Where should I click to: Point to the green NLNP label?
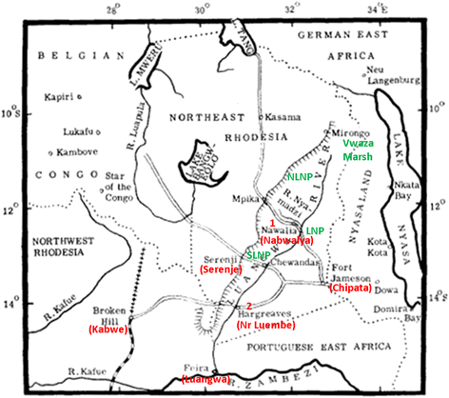[x=301, y=177]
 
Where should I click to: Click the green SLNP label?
[x=259, y=254]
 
